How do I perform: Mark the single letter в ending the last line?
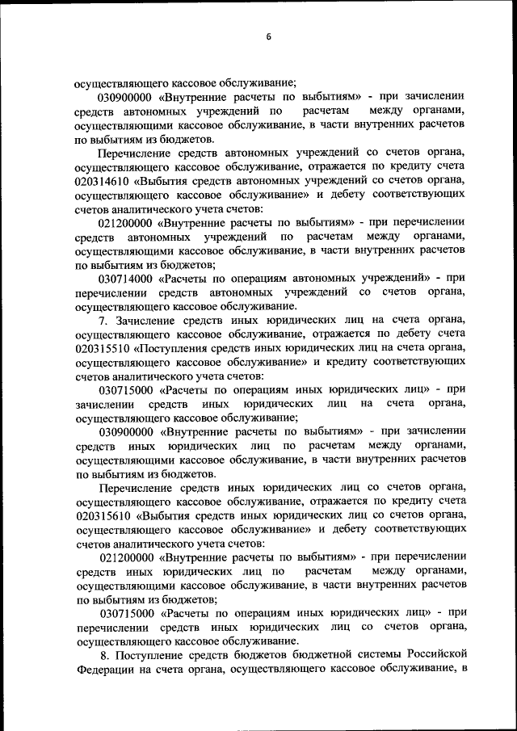tap(463, 670)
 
